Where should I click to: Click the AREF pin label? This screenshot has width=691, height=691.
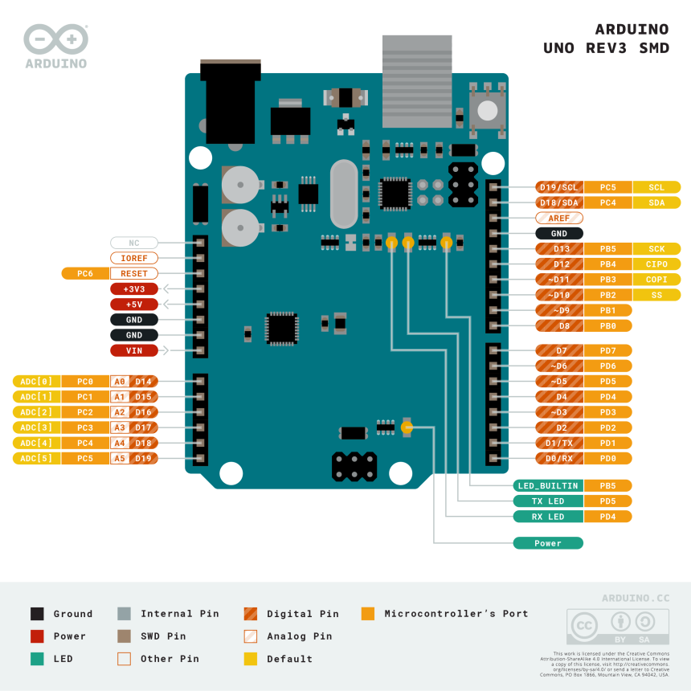[559, 218]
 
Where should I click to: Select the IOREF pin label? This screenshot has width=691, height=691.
[134, 258]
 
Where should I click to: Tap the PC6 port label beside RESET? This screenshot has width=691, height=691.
[85, 273]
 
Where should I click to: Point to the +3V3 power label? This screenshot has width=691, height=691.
[134, 288]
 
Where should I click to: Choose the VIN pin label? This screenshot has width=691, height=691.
[134, 350]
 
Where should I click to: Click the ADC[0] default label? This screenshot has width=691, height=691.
[36, 381]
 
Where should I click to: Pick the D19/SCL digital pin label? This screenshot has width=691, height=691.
[559, 187]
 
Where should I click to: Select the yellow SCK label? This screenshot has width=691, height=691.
[656, 249]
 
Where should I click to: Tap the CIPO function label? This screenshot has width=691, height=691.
[656, 264]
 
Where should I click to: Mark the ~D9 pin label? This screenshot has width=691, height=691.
[559, 310]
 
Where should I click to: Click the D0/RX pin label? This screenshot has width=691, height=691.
[559, 458]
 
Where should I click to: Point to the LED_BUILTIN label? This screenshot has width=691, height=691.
[548, 485]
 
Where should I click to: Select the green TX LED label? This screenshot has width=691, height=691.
[548, 501]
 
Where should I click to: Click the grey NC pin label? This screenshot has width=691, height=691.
[134, 243]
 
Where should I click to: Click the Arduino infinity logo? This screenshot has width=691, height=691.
[55, 39]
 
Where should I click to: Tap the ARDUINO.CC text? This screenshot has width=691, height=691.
[636, 598]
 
